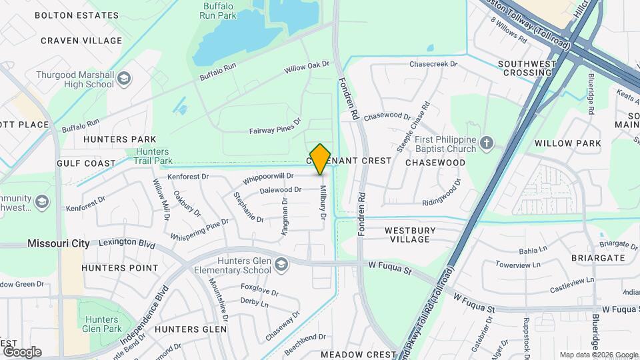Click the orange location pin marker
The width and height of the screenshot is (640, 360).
pyautogui.click(x=321, y=159)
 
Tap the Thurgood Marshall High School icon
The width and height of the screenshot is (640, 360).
pyautogui.click(x=123, y=80)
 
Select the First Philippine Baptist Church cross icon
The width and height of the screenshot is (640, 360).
pyautogui.click(x=487, y=143)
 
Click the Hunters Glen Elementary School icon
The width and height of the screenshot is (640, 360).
pyautogui.click(x=281, y=265)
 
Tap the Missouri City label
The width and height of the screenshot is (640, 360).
pyautogui.click(x=59, y=244)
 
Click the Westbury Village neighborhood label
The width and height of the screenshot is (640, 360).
pyautogui.click(x=410, y=235)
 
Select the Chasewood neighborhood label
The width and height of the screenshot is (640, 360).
pyautogui.click(x=435, y=163)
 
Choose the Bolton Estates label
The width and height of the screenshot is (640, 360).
pyautogui.click(x=77, y=15)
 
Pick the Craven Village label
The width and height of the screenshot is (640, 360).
pyautogui.click(x=81, y=41)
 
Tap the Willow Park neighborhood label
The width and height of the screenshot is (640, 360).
pyautogui.click(x=567, y=143)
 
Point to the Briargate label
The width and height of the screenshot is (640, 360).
pyautogui.click(x=598, y=257)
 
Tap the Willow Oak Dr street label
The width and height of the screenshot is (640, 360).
pyautogui.click(x=307, y=67)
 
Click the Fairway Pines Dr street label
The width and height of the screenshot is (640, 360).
pyautogui.click(x=275, y=126)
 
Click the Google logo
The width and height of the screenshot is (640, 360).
pyautogui.click(x=21, y=352)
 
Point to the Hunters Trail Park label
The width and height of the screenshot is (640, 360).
pyautogui.click(x=153, y=156)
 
